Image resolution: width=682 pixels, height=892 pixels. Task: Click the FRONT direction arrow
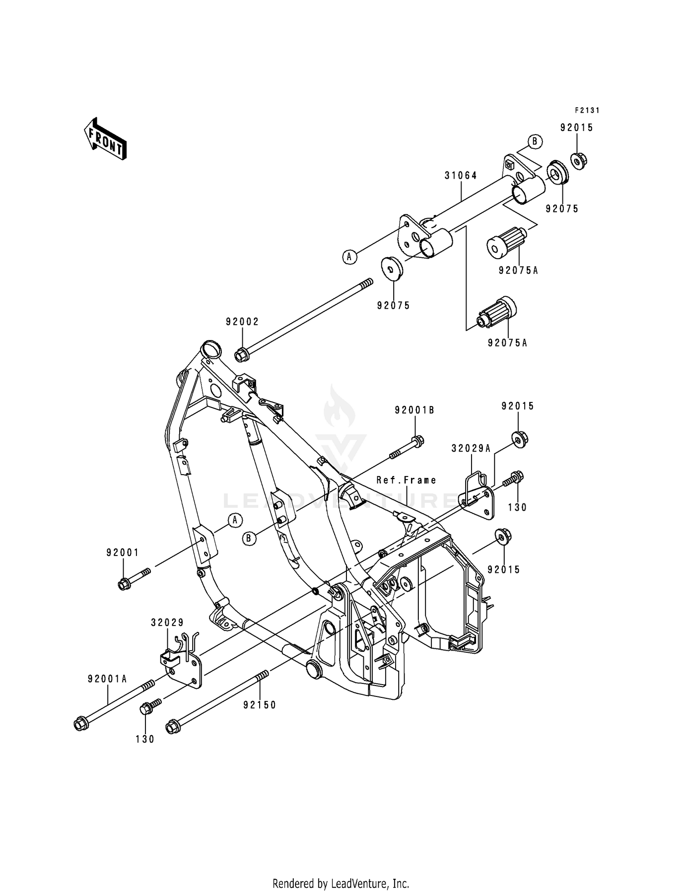click(x=105, y=139)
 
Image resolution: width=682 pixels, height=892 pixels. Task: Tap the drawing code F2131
click(x=587, y=110)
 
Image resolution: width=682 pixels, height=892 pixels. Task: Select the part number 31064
click(x=461, y=175)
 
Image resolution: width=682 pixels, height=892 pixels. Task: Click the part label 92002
click(x=242, y=322)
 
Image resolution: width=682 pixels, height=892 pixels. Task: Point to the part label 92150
click(x=260, y=705)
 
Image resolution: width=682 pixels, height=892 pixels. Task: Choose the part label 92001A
click(x=107, y=679)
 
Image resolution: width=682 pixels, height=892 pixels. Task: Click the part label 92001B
click(x=414, y=410)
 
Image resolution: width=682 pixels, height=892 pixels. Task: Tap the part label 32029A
click(x=471, y=448)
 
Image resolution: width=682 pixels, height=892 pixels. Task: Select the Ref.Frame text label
click(x=406, y=480)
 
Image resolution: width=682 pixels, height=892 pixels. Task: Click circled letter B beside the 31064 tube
click(x=535, y=141)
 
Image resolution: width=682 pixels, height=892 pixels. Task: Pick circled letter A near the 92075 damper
click(x=349, y=257)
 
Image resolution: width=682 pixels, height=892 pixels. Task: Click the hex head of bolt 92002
click(x=241, y=354)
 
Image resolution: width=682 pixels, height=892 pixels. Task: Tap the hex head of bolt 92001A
click(x=80, y=723)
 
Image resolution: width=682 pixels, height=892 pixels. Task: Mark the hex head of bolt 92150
click(x=172, y=727)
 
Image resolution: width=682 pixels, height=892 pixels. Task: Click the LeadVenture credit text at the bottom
click(x=341, y=883)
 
